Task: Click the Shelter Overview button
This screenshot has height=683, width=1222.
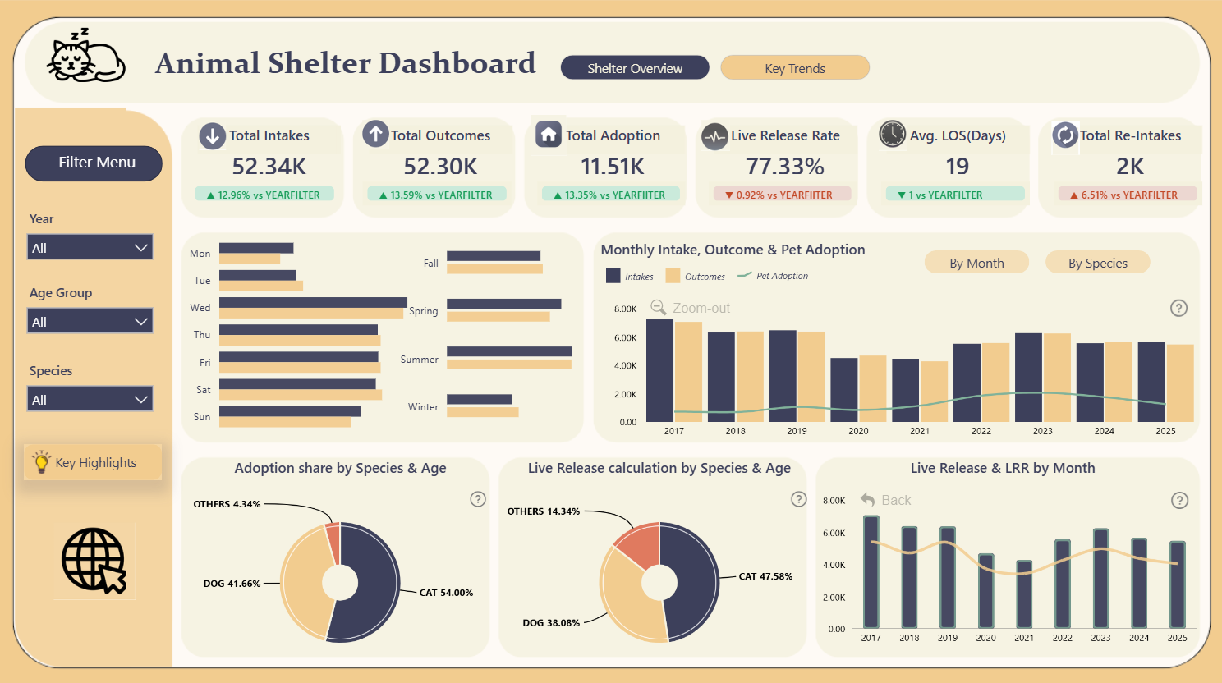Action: click(634, 68)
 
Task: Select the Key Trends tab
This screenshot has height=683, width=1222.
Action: click(794, 68)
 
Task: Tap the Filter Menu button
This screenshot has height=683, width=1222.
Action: click(94, 163)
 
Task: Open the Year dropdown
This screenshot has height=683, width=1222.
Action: click(90, 247)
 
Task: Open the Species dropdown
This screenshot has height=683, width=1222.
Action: click(90, 399)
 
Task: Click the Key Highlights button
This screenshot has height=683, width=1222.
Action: click(93, 463)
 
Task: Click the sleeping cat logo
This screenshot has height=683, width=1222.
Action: click(85, 57)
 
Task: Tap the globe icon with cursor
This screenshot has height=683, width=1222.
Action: click(94, 561)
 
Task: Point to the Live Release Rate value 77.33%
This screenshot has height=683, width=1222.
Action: click(784, 167)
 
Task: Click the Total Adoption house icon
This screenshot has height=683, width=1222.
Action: click(548, 135)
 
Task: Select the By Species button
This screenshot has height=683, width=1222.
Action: click(1097, 263)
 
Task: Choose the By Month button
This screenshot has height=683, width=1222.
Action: click(976, 263)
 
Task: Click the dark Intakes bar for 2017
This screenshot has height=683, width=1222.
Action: click(659, 370)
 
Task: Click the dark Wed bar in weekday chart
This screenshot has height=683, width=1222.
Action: click(313, 302)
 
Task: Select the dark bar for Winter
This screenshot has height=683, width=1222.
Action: click(479, 400)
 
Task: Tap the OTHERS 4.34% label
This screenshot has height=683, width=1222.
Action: click(227, 504)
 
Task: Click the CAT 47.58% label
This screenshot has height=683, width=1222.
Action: click(765, 576)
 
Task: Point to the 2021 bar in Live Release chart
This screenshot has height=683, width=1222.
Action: click(1023, 594)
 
